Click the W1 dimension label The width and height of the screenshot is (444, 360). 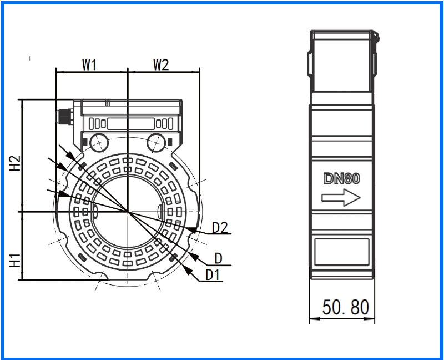89,64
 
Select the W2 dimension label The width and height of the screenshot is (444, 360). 161,64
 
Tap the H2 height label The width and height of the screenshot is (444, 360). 16,163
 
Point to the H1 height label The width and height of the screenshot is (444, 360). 16,261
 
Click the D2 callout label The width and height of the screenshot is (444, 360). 220,227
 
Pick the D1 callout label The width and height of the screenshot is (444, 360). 213,274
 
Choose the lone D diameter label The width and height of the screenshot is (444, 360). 218,258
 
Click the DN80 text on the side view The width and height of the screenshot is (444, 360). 342,178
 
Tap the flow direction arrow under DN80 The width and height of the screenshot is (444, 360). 341,198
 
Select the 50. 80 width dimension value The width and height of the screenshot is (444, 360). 346,307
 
